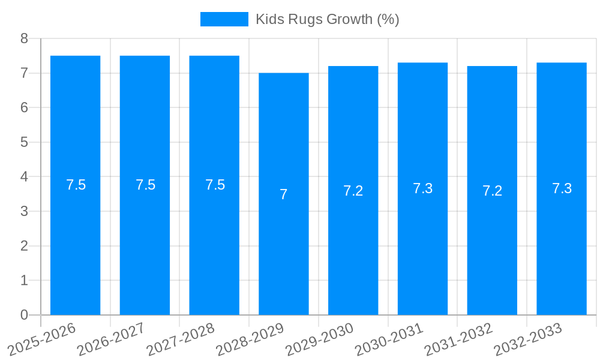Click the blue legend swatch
224,19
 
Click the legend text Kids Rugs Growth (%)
327,19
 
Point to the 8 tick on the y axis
24,38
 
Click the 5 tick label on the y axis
24,142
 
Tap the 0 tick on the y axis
24,315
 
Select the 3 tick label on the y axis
24,211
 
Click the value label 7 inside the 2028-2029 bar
283,194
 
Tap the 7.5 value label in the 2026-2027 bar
145,185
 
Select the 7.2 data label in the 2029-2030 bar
353,191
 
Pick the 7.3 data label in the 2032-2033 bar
562,188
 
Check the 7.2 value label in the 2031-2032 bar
492,191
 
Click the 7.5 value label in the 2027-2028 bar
215,185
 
